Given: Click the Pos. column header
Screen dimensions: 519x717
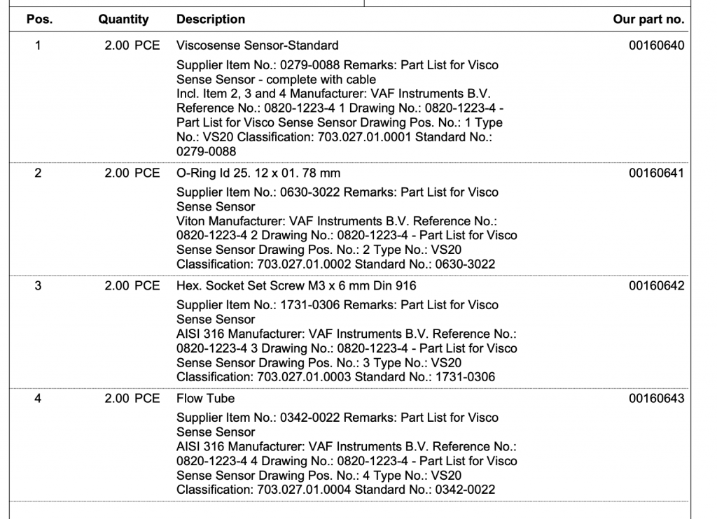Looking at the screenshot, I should [39, 20].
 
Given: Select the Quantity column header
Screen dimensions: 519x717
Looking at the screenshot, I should [123, 20].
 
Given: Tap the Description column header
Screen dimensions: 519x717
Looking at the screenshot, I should [211, 20].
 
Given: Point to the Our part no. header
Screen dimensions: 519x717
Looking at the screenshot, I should [648, 20].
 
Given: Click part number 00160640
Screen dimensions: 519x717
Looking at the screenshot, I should [657, 46].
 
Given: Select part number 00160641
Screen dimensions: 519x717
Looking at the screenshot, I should [657, 173].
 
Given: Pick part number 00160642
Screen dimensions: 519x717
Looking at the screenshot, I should [657, 286].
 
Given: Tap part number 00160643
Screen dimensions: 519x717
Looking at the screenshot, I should [657, 399].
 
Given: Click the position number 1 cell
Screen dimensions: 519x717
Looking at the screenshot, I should [39, 46].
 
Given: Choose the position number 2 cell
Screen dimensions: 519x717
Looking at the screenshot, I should [39, 173].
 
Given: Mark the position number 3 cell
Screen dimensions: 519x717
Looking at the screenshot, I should [39, 286].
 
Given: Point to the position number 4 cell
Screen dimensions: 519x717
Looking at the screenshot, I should [39, 399].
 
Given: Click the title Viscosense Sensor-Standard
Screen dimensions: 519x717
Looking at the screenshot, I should [257, 46].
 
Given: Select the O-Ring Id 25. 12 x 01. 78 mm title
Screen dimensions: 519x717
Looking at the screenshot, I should [258, 173].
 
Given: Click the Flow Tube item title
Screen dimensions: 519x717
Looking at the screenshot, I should [205, 399].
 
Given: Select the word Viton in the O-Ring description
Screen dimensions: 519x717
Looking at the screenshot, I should [190, 221].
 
